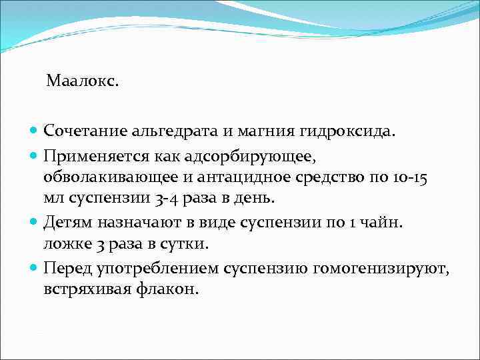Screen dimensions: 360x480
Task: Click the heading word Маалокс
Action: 83,82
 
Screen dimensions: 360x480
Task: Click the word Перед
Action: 66,267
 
